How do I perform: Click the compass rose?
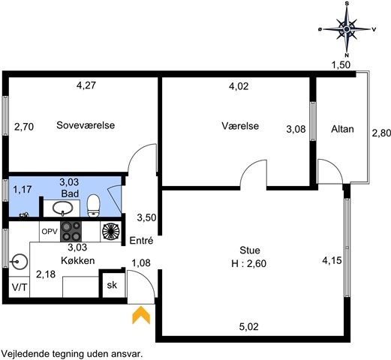pyautogui.click(x=347, y=29)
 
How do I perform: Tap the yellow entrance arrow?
pyautogui.click(x=141, y=315)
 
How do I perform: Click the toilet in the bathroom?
pyautogui.click(x=93, y=205)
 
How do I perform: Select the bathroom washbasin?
pyautogui.click(x=62, y=208)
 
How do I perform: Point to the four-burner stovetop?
pyautogui.click(x=71, y=232)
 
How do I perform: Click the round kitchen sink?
pyautogui.click(x=19, y=262)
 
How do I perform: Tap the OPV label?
pyautogui.click(x=50, y=232)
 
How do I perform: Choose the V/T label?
pyautogui.click(x=20, y=288)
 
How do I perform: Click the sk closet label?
pyautogui.click(x=112, y=285)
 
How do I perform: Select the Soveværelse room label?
pyautogui.click(x=86, y=125)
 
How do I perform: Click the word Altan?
pyautogui.click(x=342, y=129)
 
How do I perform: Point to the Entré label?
pyautogui.click(x=141, y=241)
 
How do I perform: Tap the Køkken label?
pyautogui.click(x=78, y=260)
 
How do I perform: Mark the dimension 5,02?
pyautogui.click(x=248, y=327)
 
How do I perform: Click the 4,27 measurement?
pyautogui.click(x=86, y=85)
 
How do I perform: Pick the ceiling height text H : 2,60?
pyautogui.click(x=249, y=263)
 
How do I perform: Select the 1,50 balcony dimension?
pyautogui.click(x=341, y=65)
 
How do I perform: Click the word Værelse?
pyautogui.click(x=240, y=126)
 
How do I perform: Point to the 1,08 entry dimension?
pyautogui.click(x=141, y=263)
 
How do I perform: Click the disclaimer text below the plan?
pyautogui.click(x=72, y=354)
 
